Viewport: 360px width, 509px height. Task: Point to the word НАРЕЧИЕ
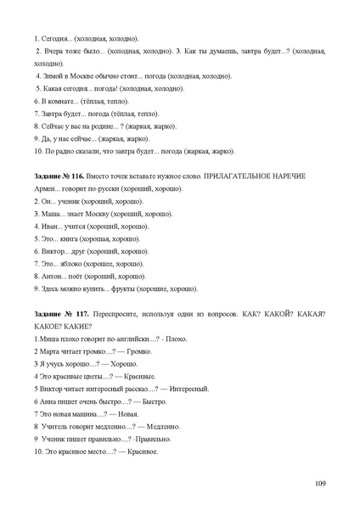291,175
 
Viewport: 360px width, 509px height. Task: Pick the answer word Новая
129,414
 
